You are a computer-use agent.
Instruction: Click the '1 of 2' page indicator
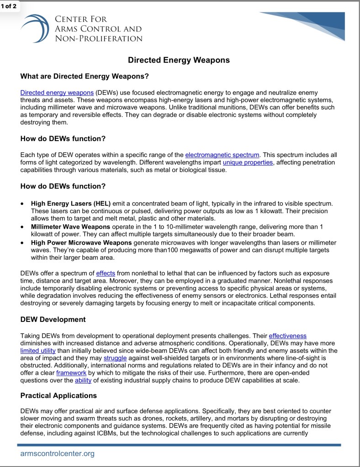[10, 6]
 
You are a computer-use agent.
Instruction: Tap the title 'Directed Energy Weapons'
[179, 60]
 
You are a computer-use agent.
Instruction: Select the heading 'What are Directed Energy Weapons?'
[85, 76]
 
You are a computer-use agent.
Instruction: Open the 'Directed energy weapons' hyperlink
[57, 93]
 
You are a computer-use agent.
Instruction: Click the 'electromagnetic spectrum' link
[222, 155]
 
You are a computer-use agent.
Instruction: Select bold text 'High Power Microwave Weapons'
[81, 242]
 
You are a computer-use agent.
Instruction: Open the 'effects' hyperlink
[106, 273]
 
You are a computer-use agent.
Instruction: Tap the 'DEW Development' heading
[53, 319]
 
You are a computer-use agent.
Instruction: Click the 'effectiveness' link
[287, 336]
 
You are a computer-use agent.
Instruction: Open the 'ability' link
[83, 380]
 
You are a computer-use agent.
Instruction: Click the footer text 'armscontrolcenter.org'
[57, 453]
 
